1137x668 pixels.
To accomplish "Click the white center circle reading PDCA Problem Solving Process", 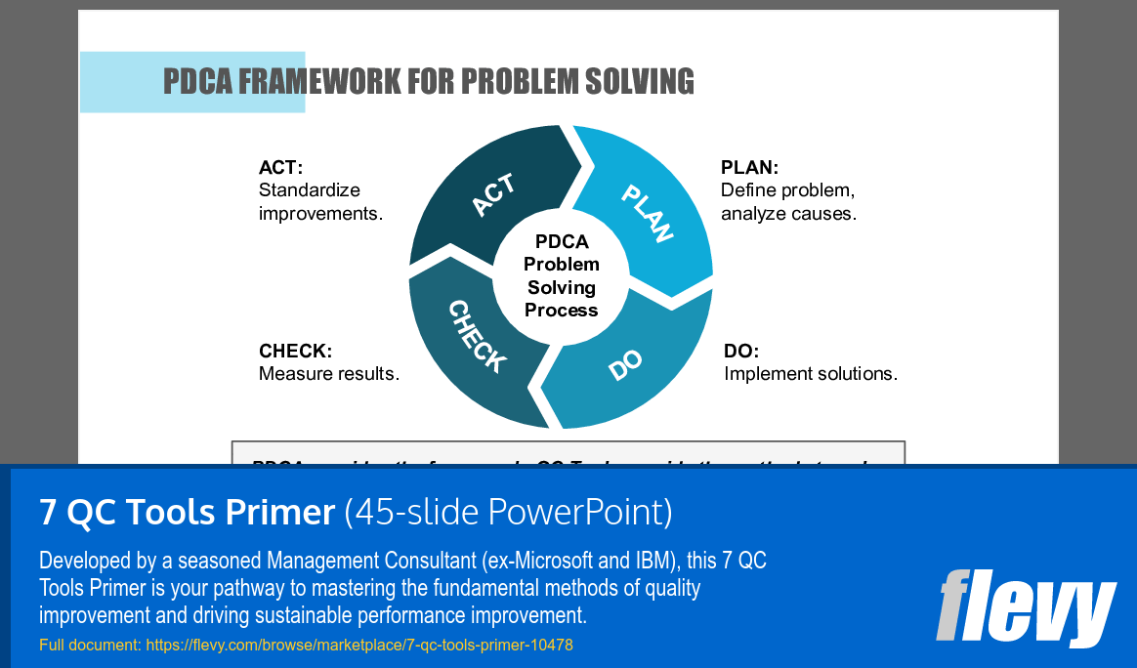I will [x=562, y=275].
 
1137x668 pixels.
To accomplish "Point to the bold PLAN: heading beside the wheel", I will [x=749, y=167].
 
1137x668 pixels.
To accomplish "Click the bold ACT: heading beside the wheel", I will [x=280, y=167].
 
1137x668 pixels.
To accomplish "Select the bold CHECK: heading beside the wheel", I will [x=295, y=351].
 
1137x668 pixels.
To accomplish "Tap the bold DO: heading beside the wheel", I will [x=740, y=351].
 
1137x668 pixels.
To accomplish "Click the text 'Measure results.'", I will [x=329, y=373].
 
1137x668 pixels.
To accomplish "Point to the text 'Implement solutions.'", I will [x=810, y=373].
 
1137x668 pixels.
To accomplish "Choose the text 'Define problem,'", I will [x=787, y=189].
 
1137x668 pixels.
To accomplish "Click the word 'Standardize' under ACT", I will [x=309, y=189].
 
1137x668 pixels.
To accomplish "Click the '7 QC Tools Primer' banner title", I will [x=187, y=511].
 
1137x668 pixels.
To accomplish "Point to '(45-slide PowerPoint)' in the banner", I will [x=508, y=511].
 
